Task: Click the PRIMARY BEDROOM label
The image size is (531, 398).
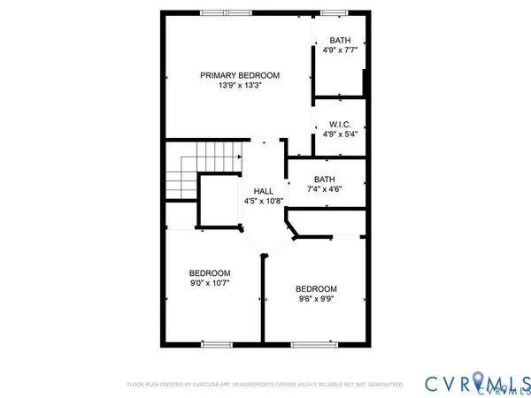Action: coord(239,75)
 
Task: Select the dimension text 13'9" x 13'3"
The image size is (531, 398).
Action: coord(239,87)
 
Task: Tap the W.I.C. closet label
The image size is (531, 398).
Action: coord(341,124)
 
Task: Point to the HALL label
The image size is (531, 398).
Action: coord(264,190)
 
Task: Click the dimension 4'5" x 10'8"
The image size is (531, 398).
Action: coord(264,202)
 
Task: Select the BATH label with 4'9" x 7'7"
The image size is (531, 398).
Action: coord(341,41)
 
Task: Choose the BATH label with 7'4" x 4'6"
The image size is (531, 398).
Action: coord(324,180)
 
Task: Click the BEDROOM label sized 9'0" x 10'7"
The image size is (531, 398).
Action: coord(210,272)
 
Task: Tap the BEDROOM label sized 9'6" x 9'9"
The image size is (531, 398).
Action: coord(316,289)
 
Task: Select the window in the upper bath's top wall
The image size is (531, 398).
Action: coord(333,12)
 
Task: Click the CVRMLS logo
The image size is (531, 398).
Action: coord(475,382)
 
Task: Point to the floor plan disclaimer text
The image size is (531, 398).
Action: coord(265,385)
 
